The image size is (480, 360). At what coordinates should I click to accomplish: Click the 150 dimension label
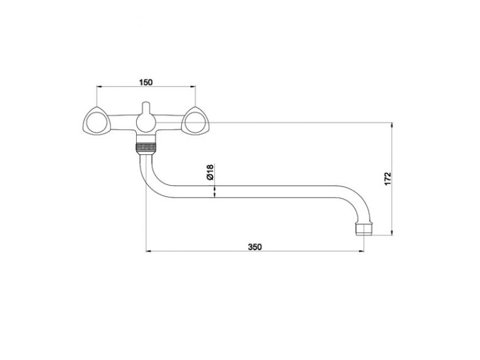tap(146, 82)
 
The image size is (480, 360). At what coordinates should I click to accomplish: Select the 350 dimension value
tap(255, 247)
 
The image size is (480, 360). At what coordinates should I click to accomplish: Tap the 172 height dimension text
tap(388, 178)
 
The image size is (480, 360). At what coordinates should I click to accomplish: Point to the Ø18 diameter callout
tap(211, 172)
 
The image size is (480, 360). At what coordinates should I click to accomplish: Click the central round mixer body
tap(146, 122)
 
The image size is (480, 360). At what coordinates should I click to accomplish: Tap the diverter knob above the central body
tap(146, 107)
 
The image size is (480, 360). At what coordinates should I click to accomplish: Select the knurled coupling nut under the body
tap(146, 147)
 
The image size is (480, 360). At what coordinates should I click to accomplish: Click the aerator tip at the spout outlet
tap(364, 230)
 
